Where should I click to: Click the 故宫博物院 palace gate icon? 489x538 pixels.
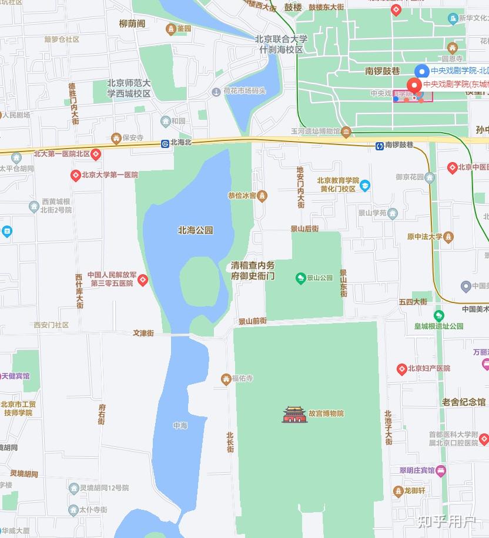[294, 414]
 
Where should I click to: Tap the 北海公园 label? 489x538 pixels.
[196, 230]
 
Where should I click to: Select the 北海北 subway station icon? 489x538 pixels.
[165, 143]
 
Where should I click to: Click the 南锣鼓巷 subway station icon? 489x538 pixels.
[380, 145]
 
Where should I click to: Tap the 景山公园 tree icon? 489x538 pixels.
[300, 277]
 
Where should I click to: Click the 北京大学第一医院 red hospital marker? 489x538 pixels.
[75, 175]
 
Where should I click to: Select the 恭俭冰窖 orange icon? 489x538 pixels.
[262, 196]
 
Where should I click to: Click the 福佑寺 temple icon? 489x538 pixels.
[226, 379]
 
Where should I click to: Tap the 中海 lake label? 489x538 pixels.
[180, 425]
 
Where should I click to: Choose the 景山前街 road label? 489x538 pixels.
[252, 321]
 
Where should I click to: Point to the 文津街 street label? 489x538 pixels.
[143, 333]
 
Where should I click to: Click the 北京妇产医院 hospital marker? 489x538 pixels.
[402, 369]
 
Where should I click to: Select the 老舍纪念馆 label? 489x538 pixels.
[464, 402]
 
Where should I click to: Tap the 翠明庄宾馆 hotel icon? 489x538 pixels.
[441, 470]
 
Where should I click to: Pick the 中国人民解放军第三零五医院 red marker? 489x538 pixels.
[143, 280]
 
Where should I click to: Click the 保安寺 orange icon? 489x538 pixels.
[116, 138]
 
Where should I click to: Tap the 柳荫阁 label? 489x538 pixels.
[132, 23]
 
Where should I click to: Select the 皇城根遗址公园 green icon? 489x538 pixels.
[439, 315]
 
